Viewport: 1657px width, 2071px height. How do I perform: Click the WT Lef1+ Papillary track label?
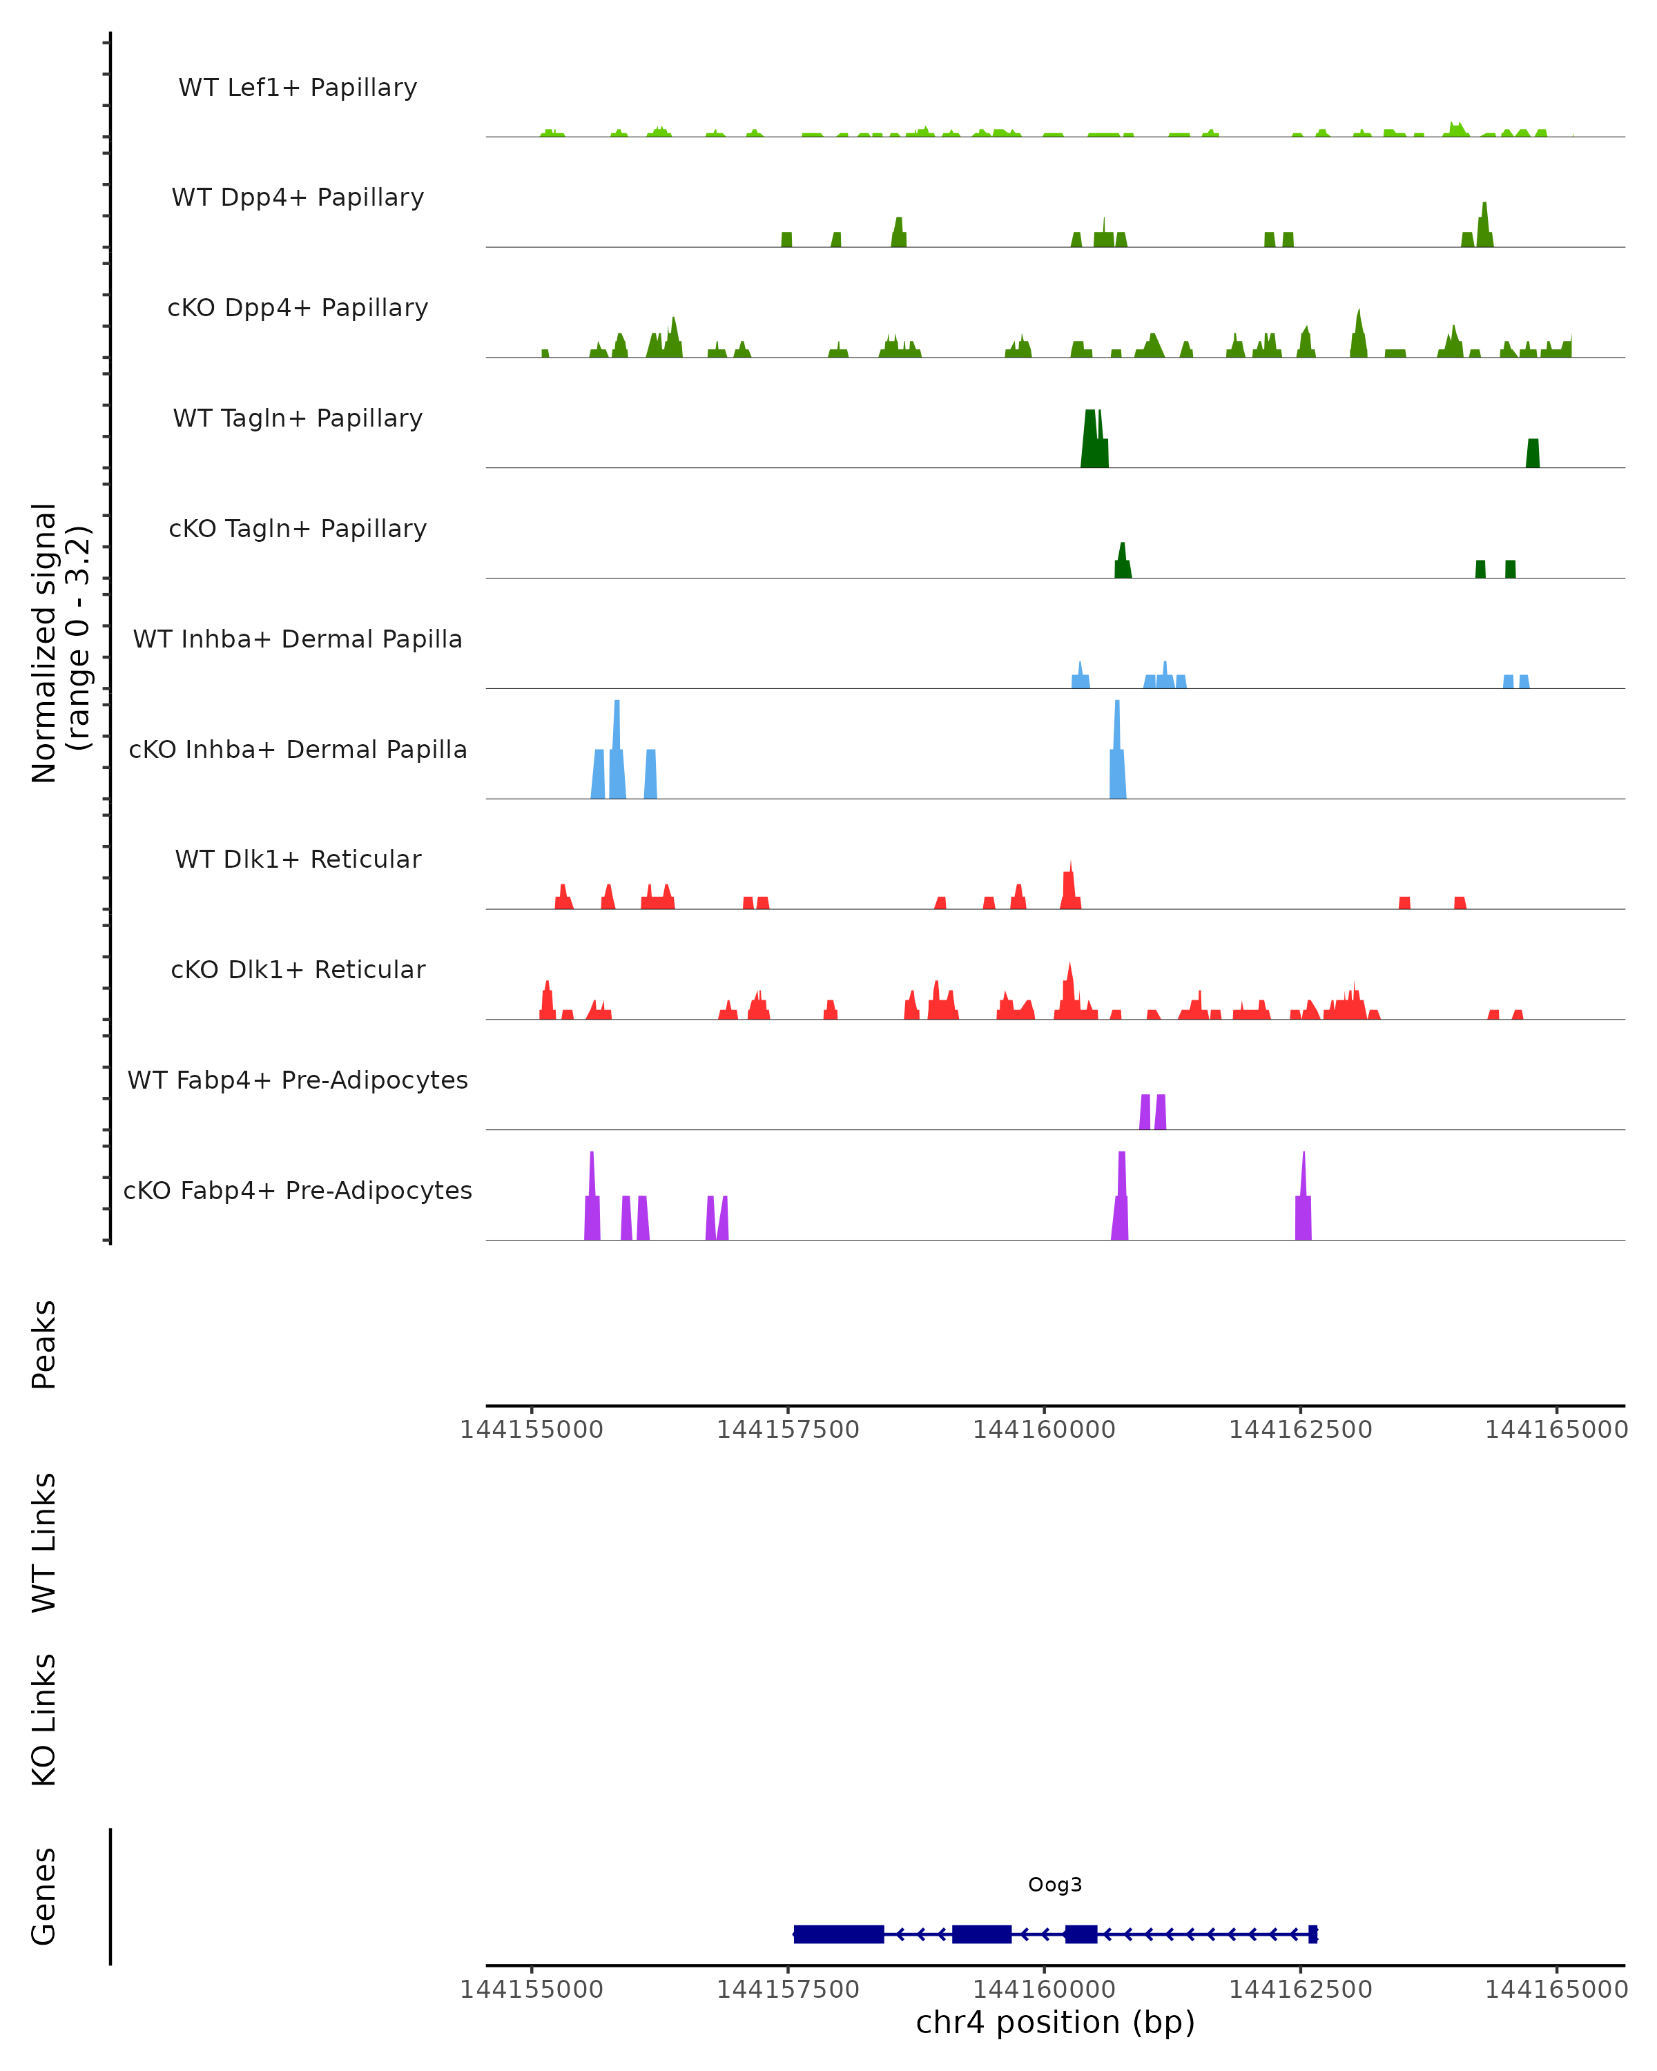coord(298,88)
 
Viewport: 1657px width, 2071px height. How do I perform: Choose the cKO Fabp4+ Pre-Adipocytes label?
coord(298,1190)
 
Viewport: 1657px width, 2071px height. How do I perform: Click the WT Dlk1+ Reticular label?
coord(298,859)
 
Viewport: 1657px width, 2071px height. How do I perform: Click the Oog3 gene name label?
coord(1055,1885)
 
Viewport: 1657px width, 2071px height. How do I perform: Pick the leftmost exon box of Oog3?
coord(839,1934)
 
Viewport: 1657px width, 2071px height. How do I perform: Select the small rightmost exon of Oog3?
coord(1313,1934)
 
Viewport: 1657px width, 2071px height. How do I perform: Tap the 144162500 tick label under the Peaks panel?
coord(1301,1430)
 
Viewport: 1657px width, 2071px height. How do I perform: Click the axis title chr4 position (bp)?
coord(1055,2023)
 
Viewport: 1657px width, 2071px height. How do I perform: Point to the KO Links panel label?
coord(44,1720)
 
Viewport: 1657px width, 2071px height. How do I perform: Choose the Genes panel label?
coord(44,1896)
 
